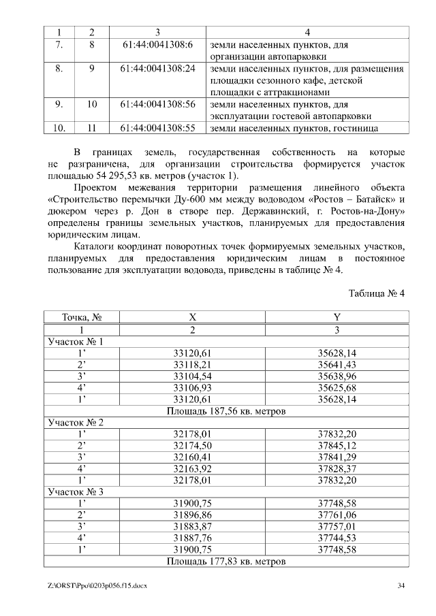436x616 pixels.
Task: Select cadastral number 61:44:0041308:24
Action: (157, 69)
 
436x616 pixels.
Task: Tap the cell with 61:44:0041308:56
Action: (157, 104)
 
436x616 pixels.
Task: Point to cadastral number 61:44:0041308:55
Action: (157, 127)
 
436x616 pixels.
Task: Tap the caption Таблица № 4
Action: (377, 293)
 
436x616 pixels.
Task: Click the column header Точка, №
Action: (82, 317)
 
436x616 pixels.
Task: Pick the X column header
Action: (193, 317)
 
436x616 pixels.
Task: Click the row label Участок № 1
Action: (75, 342)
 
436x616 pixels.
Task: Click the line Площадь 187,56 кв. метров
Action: (225, 411)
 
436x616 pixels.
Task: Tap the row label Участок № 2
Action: (75, 423)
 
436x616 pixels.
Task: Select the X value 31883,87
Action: (193, 526)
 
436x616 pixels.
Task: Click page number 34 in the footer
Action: (401, 585)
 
